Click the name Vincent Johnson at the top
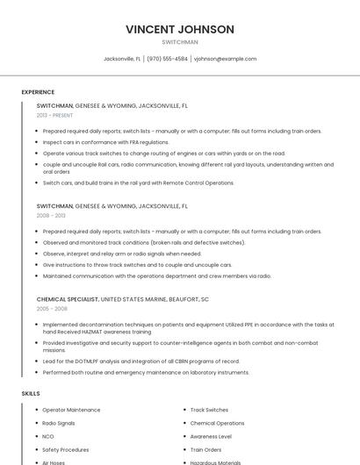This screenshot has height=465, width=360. click(x=180, y=29)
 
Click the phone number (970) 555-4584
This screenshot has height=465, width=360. click(x=167, y=59)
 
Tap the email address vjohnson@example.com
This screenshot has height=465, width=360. click(x=225, y=59)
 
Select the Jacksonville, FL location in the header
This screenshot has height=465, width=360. click(x=121, y=59)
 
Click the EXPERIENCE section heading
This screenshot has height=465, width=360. click(x=38, y=91)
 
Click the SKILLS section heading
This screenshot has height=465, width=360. click(x=31, y=394)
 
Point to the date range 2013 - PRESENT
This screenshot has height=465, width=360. click(x=54, y=115)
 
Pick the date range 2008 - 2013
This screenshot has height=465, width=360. click(x=51, y=215)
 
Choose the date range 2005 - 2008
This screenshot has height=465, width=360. click(x=51, y=309)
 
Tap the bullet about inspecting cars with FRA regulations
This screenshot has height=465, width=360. click(x=105, y=141)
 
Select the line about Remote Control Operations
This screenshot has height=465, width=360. click(x=138, y=182)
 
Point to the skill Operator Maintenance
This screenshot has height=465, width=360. click(x=71, y=409)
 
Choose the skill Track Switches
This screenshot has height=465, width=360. click(x=209, y=409)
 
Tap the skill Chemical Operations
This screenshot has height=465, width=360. click(x=217, y=422)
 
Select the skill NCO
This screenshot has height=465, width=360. click(x=48, y=435)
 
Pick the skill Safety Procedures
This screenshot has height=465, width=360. click(x=65, y=448)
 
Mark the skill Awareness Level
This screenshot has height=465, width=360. click(x=211, y=435)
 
